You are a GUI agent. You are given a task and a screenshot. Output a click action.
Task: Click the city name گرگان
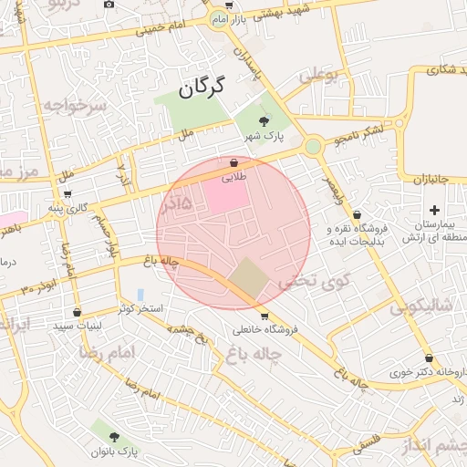(x=201, y=88)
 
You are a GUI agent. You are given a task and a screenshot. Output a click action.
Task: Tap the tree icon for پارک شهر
(x=264, y=120)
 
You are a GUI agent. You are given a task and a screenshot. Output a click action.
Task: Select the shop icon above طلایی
(x=234, y=163)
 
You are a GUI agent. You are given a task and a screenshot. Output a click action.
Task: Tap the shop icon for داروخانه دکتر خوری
(x=429, y=358)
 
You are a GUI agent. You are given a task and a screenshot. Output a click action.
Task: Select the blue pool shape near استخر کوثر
(x=140, y=295)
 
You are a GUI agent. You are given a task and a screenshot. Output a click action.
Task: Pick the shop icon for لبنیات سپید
(x=77, y=312)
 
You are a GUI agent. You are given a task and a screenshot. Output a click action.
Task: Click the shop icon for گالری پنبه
(x=67, y=194)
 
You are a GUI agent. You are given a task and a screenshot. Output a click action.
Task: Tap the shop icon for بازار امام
(x=227, y=5)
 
